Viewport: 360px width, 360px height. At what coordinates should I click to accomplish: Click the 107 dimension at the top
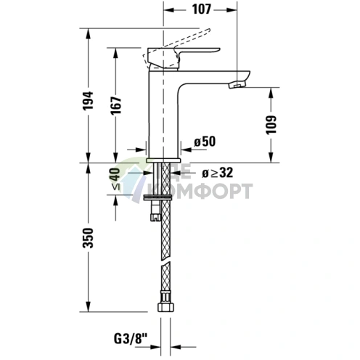coord(202,9)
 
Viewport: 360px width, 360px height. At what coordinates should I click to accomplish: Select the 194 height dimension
coord(88,101)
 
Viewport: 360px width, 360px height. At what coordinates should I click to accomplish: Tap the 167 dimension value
coord(116,105)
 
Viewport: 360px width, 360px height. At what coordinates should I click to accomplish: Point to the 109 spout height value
coord(271,125)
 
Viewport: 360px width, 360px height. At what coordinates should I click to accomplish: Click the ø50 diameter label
coord(205,142)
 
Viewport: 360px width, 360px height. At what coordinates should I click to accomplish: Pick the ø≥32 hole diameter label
coord(217,173)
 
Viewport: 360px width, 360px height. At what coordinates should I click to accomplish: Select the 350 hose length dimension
coord(88,237)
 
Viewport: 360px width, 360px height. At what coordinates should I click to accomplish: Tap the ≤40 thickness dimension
coord(115,179)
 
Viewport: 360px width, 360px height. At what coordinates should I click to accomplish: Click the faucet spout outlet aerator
coord(237,84)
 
